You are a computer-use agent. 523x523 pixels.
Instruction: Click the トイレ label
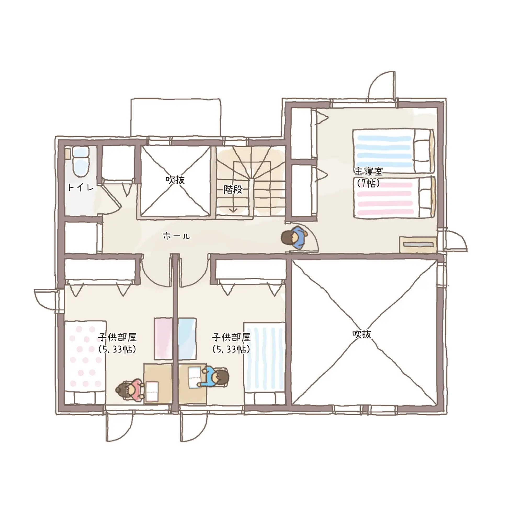[x=81, y=187]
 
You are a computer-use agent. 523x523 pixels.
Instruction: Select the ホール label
[x=177, y=236]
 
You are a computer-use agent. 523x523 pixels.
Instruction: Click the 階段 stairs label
[x=233, y=190]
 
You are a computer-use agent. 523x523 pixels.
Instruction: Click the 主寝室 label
[x=368, y=172]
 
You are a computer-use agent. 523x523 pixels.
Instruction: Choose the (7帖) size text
[x=368, y=183]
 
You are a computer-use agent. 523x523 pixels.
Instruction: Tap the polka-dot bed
[x=85, y=363]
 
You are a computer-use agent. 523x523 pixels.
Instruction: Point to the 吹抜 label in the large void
[x=362, y=334]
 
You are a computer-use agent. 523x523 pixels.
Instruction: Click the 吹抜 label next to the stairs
[x=175, y=180]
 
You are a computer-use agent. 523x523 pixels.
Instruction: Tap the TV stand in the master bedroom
[x=418, y=245]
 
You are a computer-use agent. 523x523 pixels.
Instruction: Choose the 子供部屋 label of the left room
[x=117, y=337]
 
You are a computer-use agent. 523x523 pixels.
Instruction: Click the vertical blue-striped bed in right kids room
[x=265, y=363]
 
